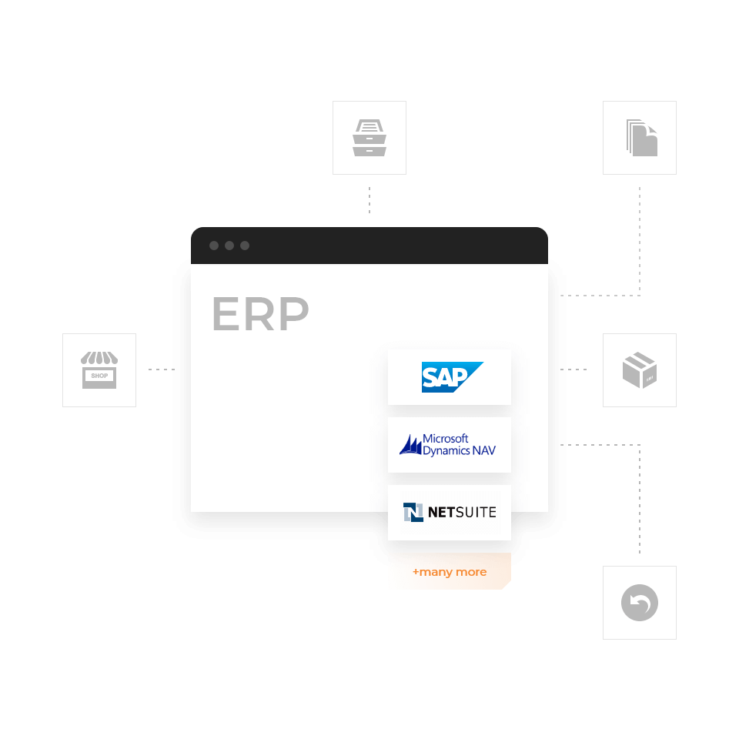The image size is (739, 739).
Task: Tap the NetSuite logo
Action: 450,512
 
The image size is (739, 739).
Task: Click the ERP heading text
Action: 260,314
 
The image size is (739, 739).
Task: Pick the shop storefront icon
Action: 99,370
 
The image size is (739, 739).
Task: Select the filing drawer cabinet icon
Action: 369,138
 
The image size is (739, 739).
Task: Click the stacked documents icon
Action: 640,138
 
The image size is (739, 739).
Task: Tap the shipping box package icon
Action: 640,370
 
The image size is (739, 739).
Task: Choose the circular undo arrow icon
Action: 640,603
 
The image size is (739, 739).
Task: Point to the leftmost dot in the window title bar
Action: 214,246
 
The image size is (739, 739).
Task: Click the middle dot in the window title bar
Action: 229,246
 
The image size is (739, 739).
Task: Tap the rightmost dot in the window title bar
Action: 245,246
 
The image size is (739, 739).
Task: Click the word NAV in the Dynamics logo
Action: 484,450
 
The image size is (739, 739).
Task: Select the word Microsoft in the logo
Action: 446,439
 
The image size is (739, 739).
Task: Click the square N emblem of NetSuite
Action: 413,512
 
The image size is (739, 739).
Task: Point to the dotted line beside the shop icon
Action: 159,369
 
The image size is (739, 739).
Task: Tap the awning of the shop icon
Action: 99,359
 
